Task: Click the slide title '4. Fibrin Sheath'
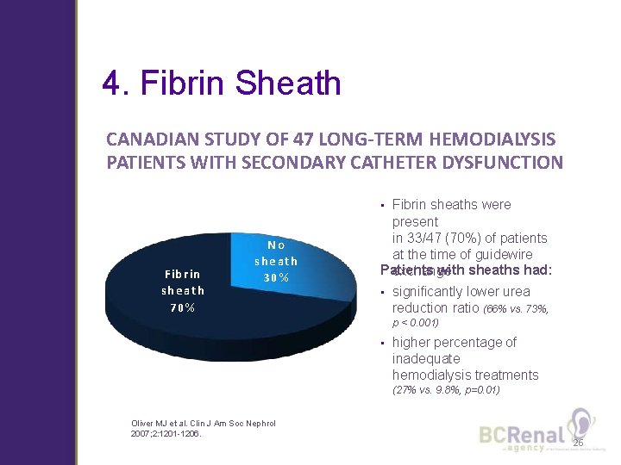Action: point(221,84)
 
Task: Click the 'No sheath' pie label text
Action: point(276,252)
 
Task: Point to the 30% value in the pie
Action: point(276,277)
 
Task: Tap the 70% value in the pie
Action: point(182,307)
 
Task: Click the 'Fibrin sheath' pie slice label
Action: point(182,282)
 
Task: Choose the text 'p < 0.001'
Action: point(416,323)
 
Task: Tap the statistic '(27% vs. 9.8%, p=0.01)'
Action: point(446,390)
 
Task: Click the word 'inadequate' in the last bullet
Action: point(426,358)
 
